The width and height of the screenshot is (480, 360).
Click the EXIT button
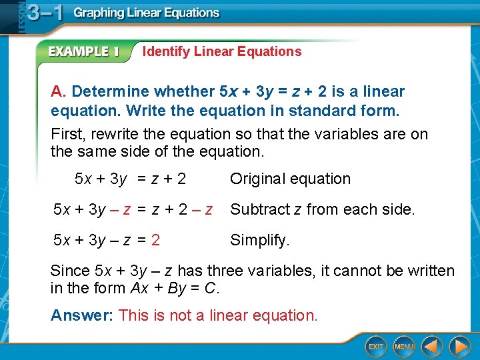376,347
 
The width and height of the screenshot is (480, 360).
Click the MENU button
404,347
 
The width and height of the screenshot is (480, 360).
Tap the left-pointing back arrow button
432,347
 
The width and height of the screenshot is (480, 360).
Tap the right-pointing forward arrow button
459,347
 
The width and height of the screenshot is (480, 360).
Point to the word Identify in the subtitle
166,51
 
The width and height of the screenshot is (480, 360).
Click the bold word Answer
80,315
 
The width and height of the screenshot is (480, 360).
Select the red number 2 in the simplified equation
155,240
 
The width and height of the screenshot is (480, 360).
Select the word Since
70,271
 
